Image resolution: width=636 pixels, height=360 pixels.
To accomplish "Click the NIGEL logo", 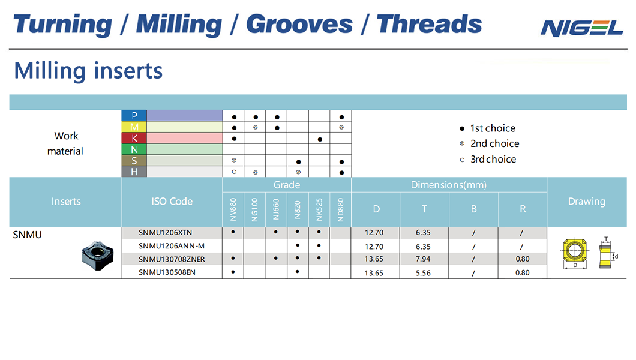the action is [581, 28].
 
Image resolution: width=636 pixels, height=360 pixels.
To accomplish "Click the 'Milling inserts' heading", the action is [88, 71].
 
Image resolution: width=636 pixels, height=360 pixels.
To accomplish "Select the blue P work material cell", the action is [134, 116].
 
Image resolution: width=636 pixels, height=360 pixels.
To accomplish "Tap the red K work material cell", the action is [134, 138].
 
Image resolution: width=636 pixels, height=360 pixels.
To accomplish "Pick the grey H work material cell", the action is [134, 172].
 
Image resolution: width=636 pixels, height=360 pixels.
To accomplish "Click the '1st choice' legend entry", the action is [488, 128].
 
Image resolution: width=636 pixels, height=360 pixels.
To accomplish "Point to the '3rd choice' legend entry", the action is [488, 160].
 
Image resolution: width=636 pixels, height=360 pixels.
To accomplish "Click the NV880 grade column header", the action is [233, 209].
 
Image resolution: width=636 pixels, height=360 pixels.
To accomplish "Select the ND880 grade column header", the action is [341, 209].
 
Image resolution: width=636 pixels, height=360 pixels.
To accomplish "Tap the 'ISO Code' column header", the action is [172, 202].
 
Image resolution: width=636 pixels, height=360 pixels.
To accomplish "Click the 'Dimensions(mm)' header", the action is [449, 185].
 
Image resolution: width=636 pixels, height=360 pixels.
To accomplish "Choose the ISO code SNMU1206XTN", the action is [165, 233].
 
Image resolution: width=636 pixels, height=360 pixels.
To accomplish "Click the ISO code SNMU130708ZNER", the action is [172, 259].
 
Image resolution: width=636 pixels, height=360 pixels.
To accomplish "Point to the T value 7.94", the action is [423, 259].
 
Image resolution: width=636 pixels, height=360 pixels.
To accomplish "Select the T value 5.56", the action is [423, 273].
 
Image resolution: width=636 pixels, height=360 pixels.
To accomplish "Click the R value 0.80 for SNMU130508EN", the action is [523, 273].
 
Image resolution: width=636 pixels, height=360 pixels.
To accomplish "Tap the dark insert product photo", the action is [98, 255].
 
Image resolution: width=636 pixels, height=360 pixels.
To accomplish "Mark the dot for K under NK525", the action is [320, 139].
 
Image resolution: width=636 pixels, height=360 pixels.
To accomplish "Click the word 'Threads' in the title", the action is [429, 24].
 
